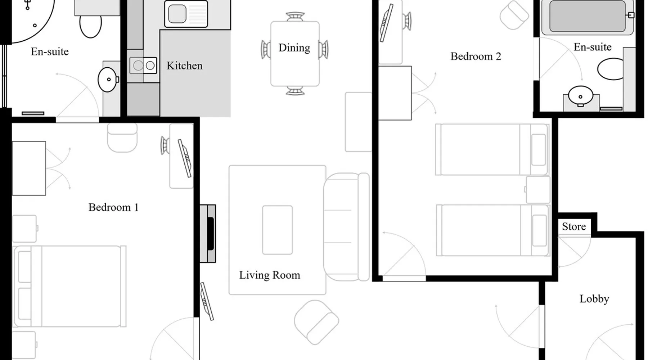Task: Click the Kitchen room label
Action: [184, 66]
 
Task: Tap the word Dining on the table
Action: [294, 48]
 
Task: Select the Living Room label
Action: [270, 275]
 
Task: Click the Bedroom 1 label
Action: [113, 207]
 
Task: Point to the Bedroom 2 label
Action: [476, 57]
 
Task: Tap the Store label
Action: [574, 226]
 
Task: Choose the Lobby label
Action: [594, 299]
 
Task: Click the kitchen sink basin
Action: [177, 14]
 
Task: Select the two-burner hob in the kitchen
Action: [143, 66]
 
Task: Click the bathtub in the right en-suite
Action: [588, 17]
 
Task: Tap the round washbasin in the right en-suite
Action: [580, 96]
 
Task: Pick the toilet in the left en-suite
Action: [91, 24]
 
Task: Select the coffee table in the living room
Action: [278, 230]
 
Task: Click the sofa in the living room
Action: [346, 227]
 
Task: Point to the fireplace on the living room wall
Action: [208, 234]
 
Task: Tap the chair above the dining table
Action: [295, 17]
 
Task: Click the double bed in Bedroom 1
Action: [69, 287]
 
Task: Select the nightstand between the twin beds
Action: [538, 190]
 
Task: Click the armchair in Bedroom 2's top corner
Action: [514, 15]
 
